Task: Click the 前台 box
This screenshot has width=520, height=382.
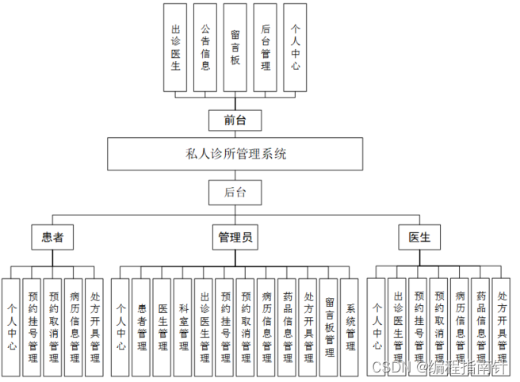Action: pyautogui.click(x=235, y=120)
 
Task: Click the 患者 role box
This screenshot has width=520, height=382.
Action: pyautogui.click(x=52, y=236)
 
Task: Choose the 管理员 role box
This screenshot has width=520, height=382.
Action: pyautogui.click(x=235, y=236)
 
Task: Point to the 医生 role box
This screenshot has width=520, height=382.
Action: pyautogui.click(x=419, y=236)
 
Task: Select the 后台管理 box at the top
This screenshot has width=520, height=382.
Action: pyautogui.click(x=266, y=47)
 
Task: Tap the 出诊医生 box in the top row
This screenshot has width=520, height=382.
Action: pyautogui.click(x=176, y=47)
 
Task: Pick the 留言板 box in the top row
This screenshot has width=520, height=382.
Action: pyautogui.click(x=235, y=47)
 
